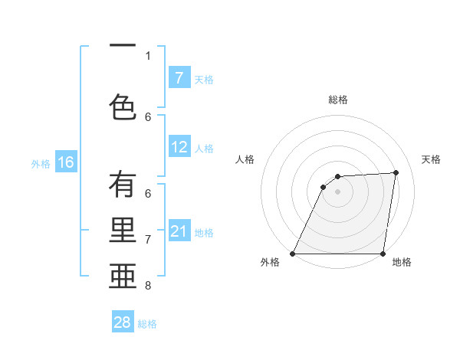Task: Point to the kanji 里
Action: click(x=123, y=231)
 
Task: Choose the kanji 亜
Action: click(x=123, y=277)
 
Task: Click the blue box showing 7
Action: click(x=179, y=78)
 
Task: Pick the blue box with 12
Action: click(x=179, y=147)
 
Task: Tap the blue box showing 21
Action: click(x=179, y=231)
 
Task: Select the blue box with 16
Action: click(x=66, y=162)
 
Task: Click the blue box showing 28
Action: click(x=123, y=322)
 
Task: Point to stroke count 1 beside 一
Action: click(x=148, y=55)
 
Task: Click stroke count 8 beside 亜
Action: click(x=148, y=286)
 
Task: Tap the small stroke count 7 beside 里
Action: click(x=148, y=240)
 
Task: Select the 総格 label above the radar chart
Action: click(x=338, y=100)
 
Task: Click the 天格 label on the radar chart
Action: click(x=431, y=159)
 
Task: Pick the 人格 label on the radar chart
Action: click(x=245, y=159)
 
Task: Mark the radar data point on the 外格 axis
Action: click(x=293, y=254)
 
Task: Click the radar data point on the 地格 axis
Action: click(x=383, y=254)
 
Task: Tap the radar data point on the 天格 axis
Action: click(x=396, y=172)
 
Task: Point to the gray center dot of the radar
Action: click(x=338, y=191)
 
